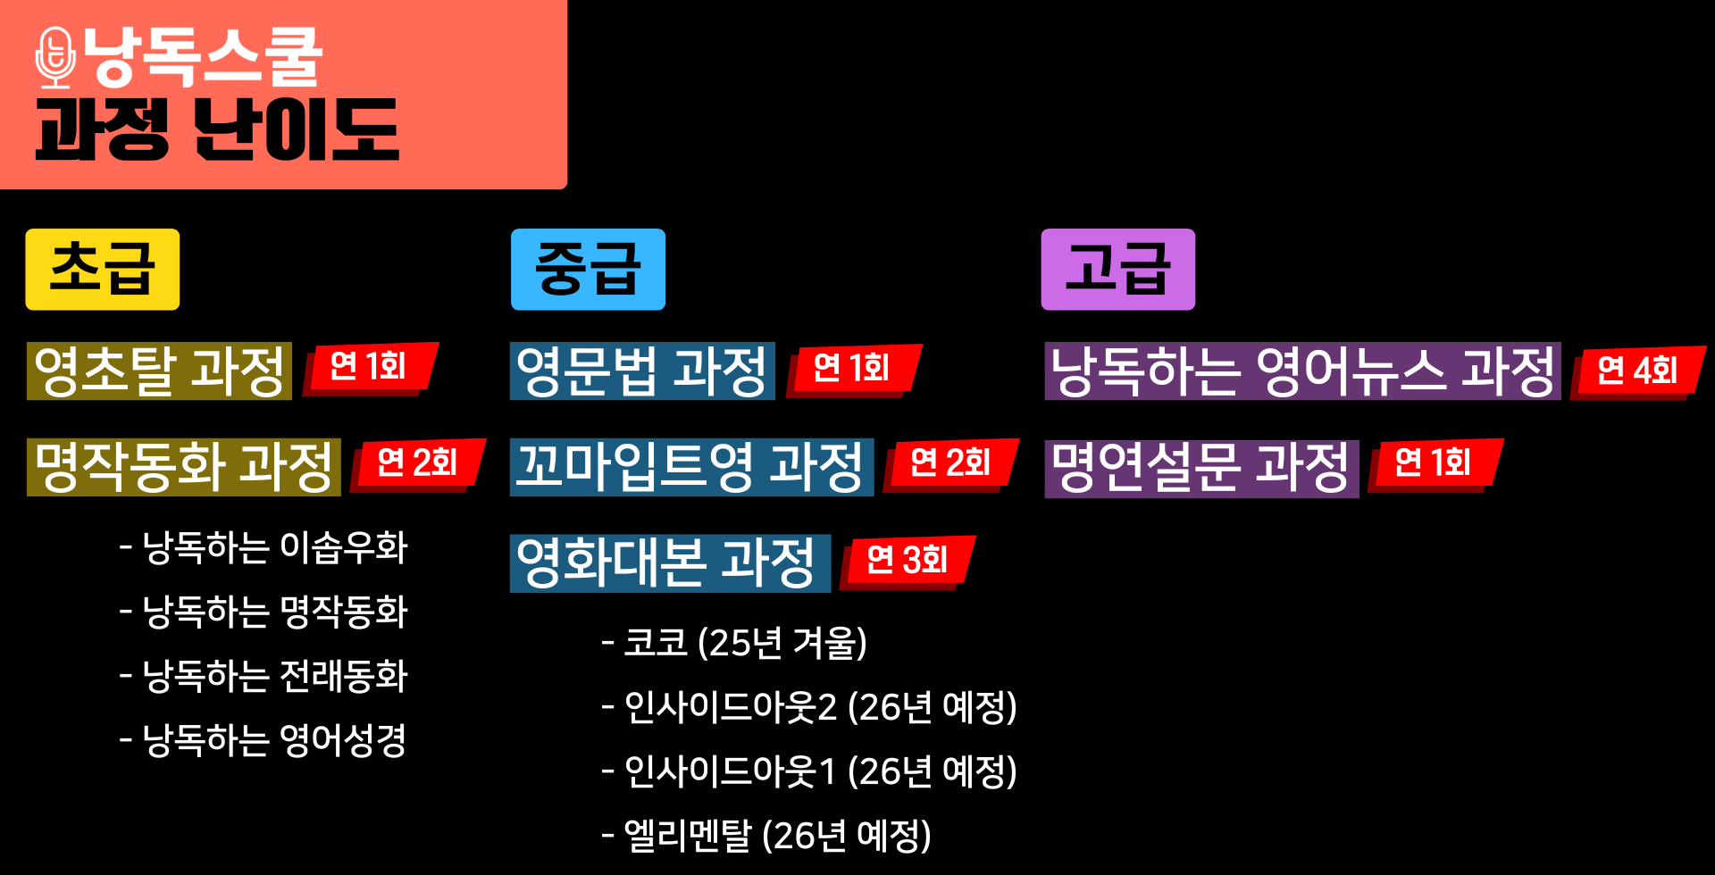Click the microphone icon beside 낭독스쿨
pyautogui.click(x=55, y=58)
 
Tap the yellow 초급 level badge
pyautogui.click(x=102, y=270)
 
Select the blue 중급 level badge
pyautogui.click(x=588, y=270)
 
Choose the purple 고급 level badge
pyautogui.click(x=1117, y=270)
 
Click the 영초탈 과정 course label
pyautogui.click(x=159, y=371)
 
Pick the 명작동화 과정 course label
pyautogui.click(x=183, y=467)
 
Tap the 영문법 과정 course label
pyautogui.click(x=641, y=371)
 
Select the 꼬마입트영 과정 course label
pyautogui.click(x=690, y=467)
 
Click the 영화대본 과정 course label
pyautogui.click(x=669, y=563)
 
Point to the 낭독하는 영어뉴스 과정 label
pyautogui.click(x=1302, y=371)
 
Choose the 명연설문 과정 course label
pyautogui.click(x=1201, y=468)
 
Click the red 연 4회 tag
pyautogui.click(x=1637, y=371)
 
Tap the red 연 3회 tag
pyautogui.click(x=908, y=561)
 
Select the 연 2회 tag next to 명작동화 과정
pyautogui.click(x=417, y=463)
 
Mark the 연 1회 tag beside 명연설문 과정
pyautogui.click(x=1433, y=463)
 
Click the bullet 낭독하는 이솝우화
pyautogui.click(x=264, y=547)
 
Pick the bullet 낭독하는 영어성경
pyautogui.click(x=264, y=740)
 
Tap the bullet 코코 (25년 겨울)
pyautogui.click(x=735, y=643)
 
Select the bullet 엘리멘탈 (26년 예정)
pyautogui.click(x=767, y=836)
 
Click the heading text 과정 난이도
pyautogui.click(x=217, y=130)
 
